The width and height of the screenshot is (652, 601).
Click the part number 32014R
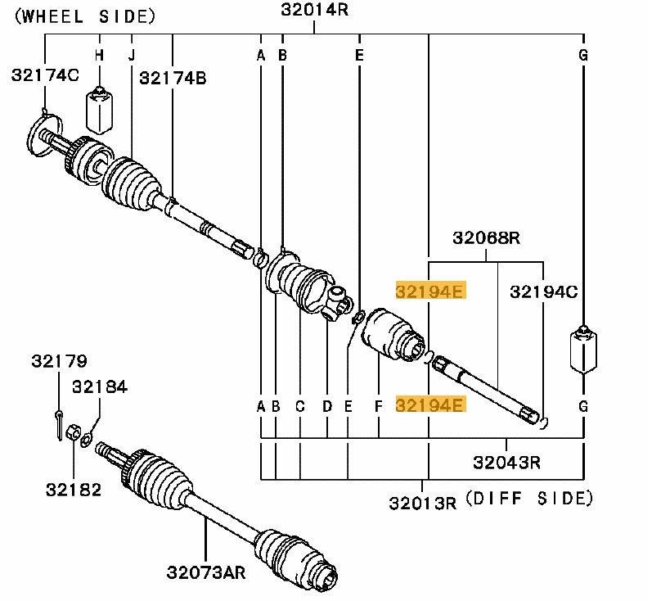[x=316, y=10]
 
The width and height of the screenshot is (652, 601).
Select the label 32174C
[x=45, y=75]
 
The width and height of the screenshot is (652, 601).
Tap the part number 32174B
[x=173, y=78]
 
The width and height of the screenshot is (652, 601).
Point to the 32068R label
[x=487, y=238]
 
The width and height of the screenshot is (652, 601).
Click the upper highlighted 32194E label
[x=429, y=291]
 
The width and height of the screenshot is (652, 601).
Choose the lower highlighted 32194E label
[x=429, y=404]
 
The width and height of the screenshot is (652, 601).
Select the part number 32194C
[x=543, y=291]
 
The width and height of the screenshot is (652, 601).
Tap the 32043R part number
[x=506, y=462]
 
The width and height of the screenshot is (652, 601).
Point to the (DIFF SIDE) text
[x=528, y=498]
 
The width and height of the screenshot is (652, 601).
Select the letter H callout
[x=99, y=56]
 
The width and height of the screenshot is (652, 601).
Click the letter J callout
[x=130, y=56]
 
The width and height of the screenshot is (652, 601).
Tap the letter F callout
[x=378, y=405]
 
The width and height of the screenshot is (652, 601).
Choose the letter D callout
[x=326, y=405]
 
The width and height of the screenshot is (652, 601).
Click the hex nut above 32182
[x=72, y=432]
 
